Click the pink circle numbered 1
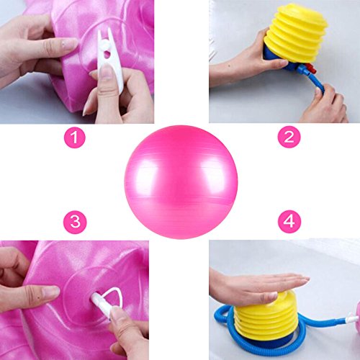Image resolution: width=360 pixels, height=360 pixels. pyautogui.click(x=74, y=138)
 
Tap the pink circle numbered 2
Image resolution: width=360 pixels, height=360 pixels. pyautogui.click(x=289, y=137)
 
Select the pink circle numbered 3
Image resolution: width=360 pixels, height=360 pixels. pyautogui.click(x=75, y=222)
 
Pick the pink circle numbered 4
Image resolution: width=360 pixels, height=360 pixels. pyautogui.click(x=289, y=222)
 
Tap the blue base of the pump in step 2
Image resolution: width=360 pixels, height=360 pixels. pyautogui.click(x=279, y=60)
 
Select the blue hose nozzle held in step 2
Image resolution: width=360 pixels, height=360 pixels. pyautogui.click(x=315, y=81)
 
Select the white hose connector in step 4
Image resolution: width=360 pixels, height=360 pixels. pyautogui.click(x=351, y=320)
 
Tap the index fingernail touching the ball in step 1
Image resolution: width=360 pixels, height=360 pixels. pyautogui.click(x=68, y=44)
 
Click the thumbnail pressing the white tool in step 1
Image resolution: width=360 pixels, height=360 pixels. pyautogui.click(x=106, y=72)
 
